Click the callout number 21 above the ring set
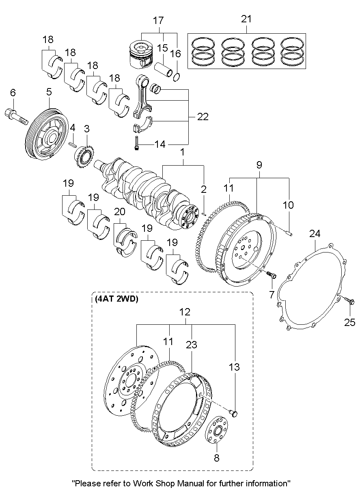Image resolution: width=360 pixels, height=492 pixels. coord(246,19)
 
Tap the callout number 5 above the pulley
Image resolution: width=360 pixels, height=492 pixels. coord(49,92)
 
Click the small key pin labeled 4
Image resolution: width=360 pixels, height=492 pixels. coord(73,143)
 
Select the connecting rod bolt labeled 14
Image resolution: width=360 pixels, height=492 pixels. coord(137,144)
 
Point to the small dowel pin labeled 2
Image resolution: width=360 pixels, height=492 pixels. coord(204,210)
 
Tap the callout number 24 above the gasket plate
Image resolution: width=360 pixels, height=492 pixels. coord(315,233)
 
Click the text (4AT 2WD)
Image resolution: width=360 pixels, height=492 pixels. coord(117,300)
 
